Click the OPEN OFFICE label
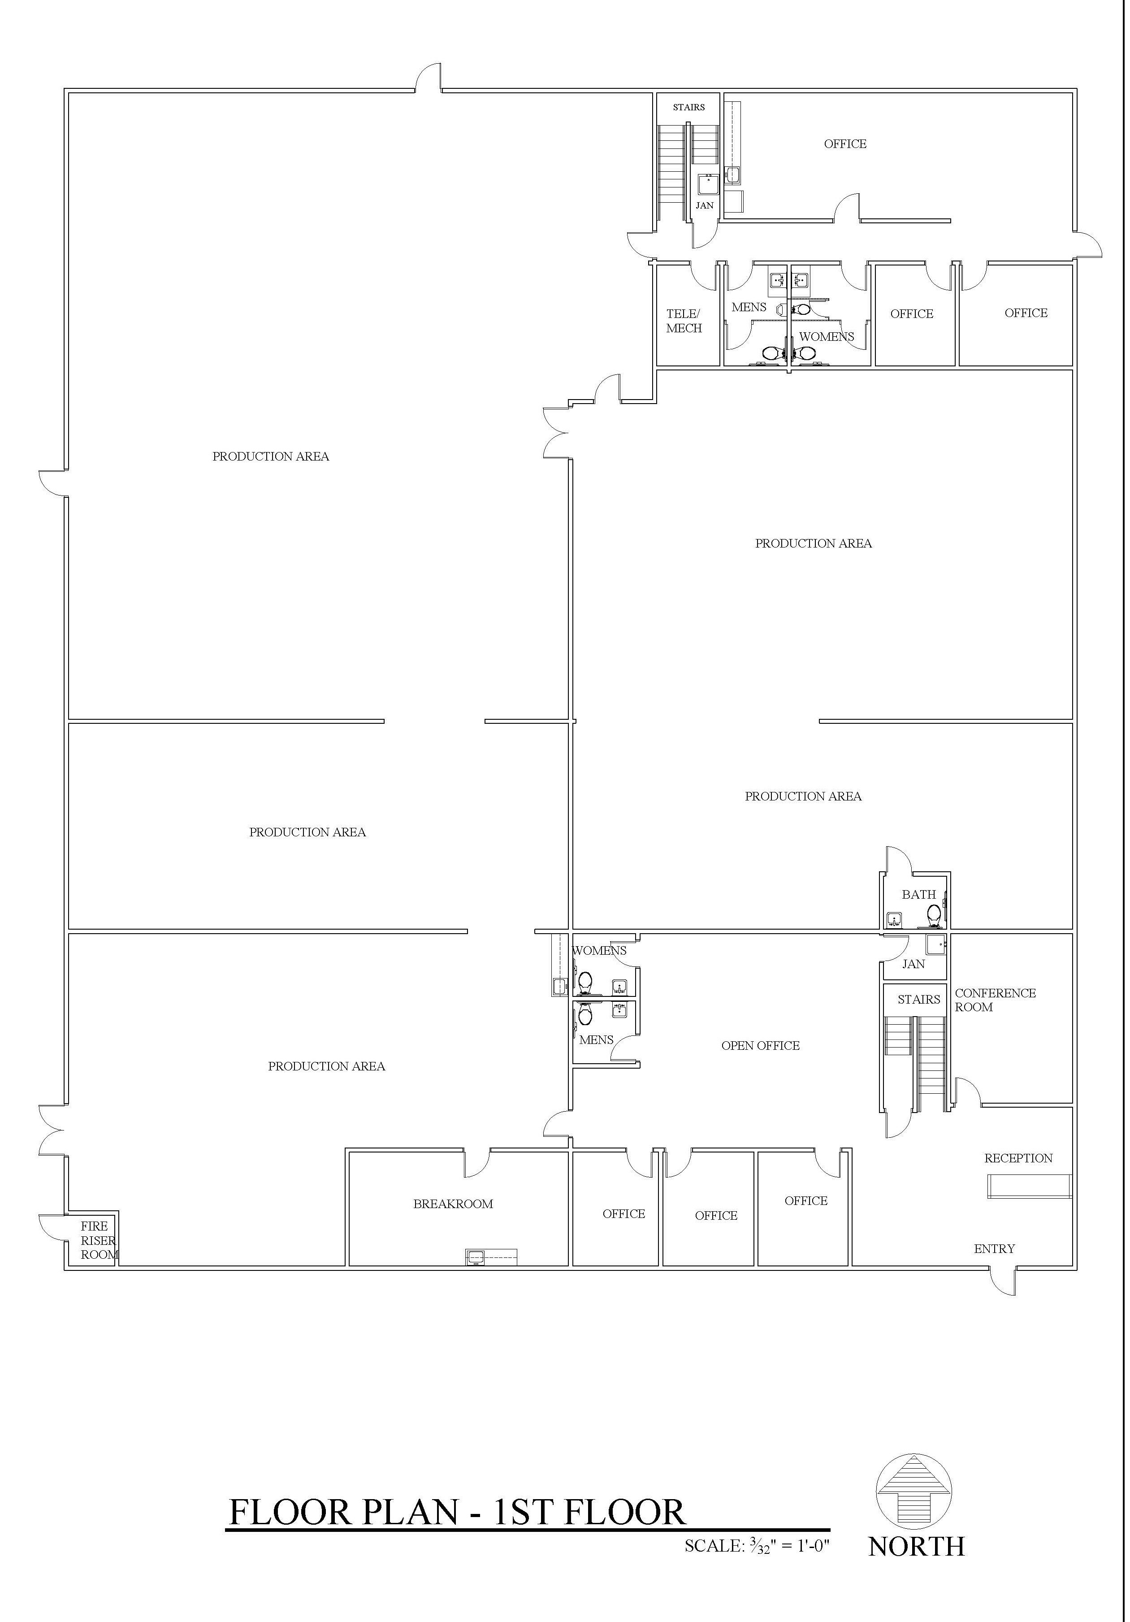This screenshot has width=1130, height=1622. (x=760, y=1046)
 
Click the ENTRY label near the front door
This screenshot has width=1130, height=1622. (x=994, y=1249)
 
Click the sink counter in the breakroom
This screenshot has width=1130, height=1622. (x=491, y=1257)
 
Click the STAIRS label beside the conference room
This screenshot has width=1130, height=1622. (x=918, y=999)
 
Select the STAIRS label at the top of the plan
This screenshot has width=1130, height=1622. (x=688, y=107)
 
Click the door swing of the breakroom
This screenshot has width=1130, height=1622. (x=477, y=1164)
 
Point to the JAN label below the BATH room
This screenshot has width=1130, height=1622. (x=913, y=964)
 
